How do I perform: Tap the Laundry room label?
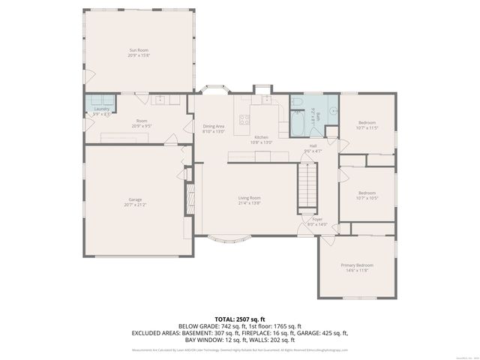tap(100, 109)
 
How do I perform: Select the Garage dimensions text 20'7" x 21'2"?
tap(135, 204)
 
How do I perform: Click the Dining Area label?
tap(214, 126)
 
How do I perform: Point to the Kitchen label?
tap(261, 137)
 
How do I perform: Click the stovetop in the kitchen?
tap(244, 118)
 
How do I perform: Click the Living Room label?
tap(249, 197)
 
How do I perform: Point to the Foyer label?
tap(318, 219)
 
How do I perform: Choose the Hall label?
tap(313, 145)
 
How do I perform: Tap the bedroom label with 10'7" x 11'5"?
tap(367, 122)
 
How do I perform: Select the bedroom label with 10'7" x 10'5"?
tap(367, 193)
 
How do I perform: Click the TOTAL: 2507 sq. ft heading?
tap(240, 319)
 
